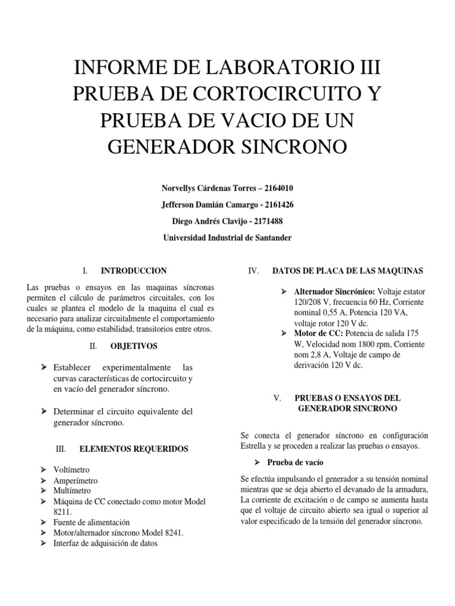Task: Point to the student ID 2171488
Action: tap(267, 221)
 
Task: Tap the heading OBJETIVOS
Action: tap(135, 346)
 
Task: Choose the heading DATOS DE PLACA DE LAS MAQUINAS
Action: tap(347, 271)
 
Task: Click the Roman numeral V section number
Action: tap(277, 398)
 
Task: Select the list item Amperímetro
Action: tap(75, 481)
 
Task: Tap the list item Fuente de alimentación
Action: tap(91, 523)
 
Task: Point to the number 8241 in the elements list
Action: tap(171, 533)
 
